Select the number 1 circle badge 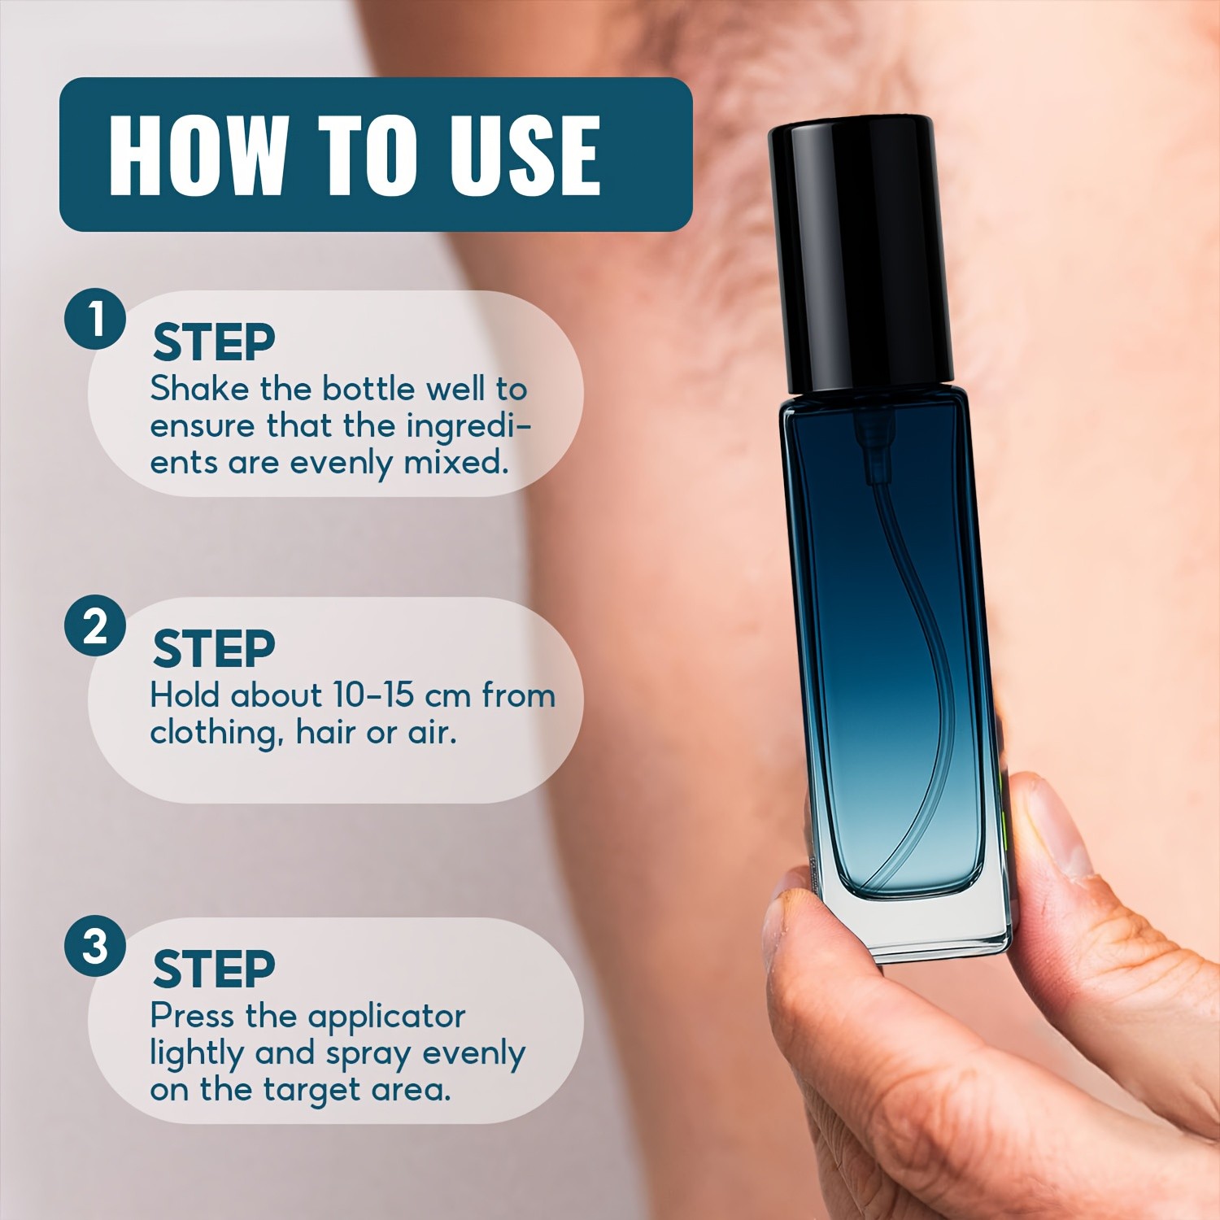click(x=95, y=319)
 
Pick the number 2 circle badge click(x=95, y=626)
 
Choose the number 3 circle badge click(x=95, y=946)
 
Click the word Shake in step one click(x=199, y=389)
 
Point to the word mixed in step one click(x=456, y=462)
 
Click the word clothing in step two click(x=216, y=733)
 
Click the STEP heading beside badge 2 click(x=214, y=649)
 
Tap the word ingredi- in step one click(x=468, y=426)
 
